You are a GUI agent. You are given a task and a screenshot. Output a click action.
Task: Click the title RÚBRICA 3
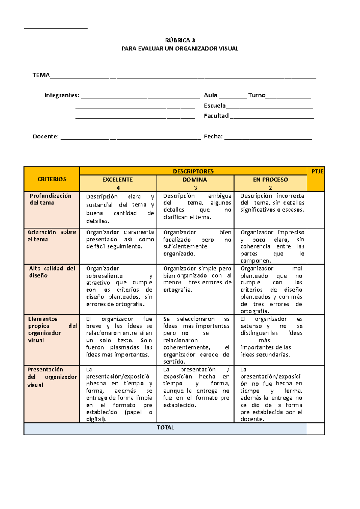click(180, 40)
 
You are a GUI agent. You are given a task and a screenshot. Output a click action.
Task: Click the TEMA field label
click(41, 75)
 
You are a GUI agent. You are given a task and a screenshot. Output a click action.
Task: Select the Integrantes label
click(62, 95)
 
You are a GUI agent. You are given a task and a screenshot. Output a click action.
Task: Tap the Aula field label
click(211, 95)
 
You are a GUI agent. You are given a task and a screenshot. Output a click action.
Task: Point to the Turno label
click(257, 95)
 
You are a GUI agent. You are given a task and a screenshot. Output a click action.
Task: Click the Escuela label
click(215, 106)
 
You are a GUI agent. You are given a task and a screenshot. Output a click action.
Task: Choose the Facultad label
click(216, 116)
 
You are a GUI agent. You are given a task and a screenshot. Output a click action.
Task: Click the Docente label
click(46, 137)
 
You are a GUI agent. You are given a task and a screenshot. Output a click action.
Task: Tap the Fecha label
click(213, 137)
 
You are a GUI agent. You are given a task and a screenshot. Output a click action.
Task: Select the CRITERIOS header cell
click(52, 179)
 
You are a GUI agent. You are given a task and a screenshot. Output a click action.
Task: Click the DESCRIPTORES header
click(193, 171)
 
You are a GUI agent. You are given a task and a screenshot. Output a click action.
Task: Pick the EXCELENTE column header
click(118, 180)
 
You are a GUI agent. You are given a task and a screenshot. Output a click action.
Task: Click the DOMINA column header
click(195, 180)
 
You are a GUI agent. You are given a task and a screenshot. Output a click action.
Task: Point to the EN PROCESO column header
click(271, 180)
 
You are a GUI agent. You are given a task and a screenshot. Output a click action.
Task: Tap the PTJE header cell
click(317, 171)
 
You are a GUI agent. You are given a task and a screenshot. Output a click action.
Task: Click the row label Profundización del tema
click(50, 199)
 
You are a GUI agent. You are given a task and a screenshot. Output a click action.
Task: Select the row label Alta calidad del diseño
click(52, 272)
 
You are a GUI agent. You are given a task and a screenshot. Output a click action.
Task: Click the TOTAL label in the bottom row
click(165, 427)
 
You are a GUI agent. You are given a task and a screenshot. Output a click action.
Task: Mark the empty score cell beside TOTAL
click(316, 429)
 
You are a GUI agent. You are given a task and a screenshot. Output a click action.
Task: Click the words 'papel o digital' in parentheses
click(120, 416)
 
